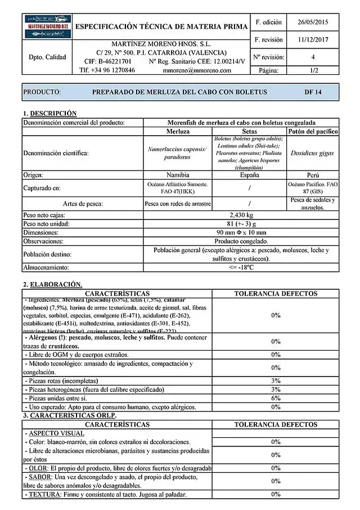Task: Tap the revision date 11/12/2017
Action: coord(313,40)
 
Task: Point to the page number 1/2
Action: coord(313,70)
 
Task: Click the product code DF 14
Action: coord(313,92)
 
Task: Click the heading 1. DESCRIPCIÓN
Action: coord(49,113)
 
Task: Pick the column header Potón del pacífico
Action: coord(313,131)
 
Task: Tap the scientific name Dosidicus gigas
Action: coord(313,153)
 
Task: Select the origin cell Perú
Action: coord(313,175)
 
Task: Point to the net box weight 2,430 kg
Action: coord(241,215)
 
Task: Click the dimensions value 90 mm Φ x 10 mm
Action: coord(241,232)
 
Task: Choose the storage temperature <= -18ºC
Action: coord(241,267)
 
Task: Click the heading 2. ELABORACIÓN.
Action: coord(52,284)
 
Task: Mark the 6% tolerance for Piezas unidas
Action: coord(276,398)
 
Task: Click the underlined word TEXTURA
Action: coord(41,494)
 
